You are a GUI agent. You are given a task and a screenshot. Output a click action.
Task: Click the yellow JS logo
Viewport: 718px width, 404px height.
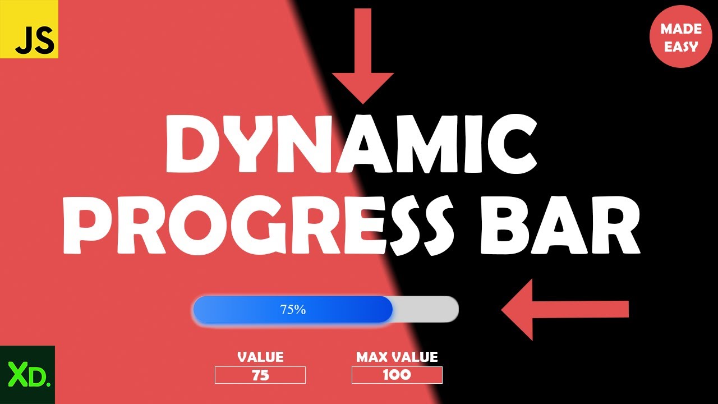click(x=29, y=29)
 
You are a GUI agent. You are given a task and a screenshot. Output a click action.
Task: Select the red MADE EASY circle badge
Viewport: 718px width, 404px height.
click(x=680, y=37)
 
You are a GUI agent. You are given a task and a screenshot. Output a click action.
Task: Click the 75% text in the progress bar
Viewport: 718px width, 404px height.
click(x=293, y=309)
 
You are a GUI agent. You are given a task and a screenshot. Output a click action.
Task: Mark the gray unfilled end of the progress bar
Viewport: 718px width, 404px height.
click(x=426, y=309)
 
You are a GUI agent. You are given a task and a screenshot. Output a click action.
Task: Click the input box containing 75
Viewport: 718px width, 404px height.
click(x=260, y=375)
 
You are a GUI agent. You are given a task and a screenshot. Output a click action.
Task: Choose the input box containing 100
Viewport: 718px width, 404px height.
click(x=397, y=375)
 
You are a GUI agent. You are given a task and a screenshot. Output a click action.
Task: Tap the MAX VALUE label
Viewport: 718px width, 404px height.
click(x=397, y=357)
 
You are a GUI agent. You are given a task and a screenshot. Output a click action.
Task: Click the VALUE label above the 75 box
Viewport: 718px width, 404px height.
click(x=260, y=357)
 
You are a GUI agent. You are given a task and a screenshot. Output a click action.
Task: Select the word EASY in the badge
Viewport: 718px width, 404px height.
click(x=680, y=46)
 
